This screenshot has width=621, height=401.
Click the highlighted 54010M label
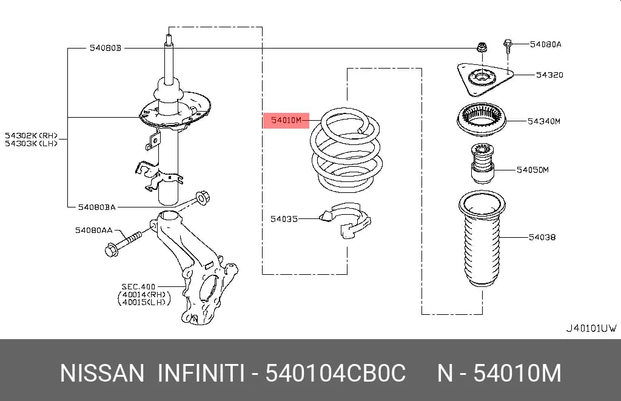(286, 120)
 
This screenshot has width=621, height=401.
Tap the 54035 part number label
(284, 219)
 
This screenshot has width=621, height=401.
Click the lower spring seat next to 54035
(345, 220)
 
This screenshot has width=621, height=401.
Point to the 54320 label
(549, 75)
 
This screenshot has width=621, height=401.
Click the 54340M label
(544, 121)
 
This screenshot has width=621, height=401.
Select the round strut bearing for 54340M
(482, 120)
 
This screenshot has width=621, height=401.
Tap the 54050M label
(532, 170)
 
